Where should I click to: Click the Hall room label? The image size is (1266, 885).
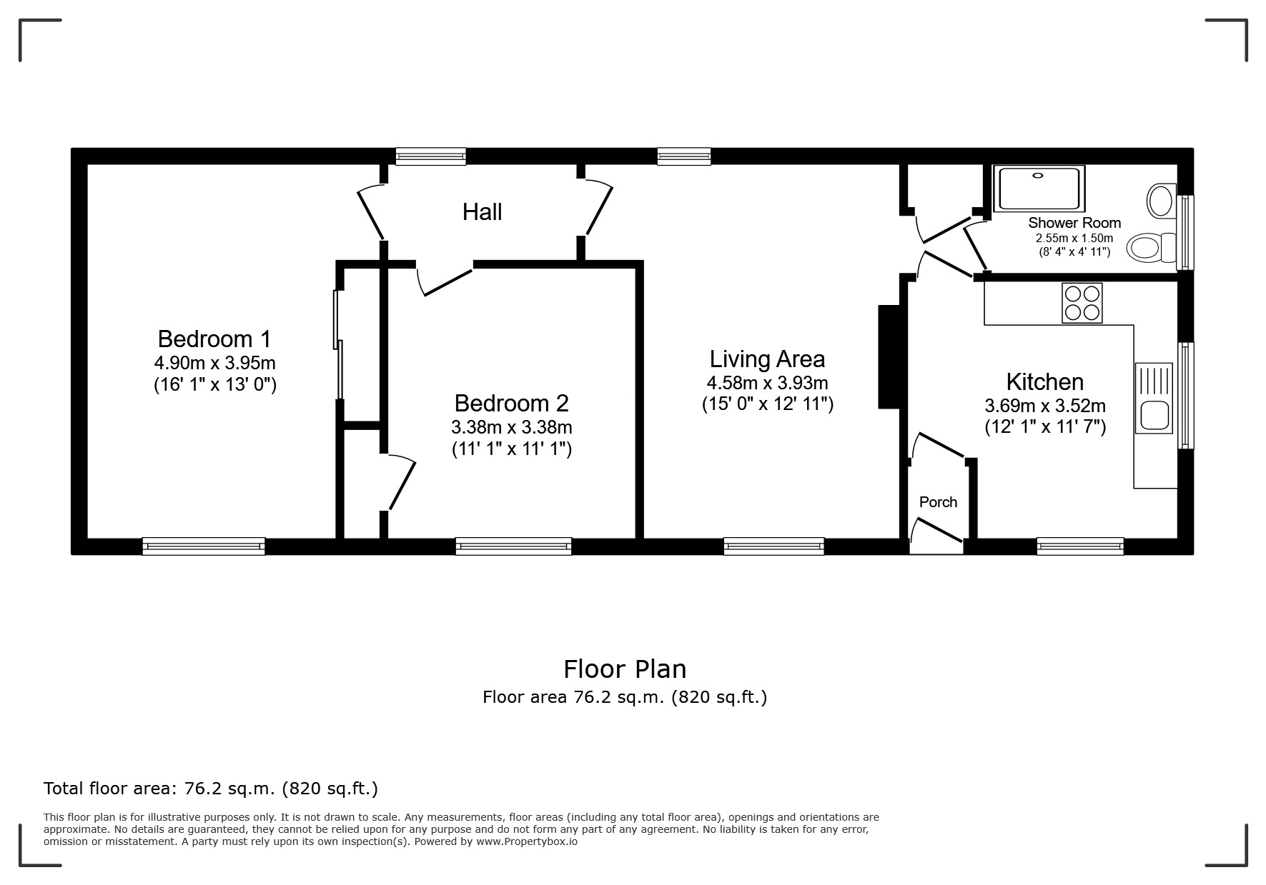click(482, 212)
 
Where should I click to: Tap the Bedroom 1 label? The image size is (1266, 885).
click(214, 339)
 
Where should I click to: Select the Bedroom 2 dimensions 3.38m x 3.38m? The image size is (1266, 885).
click(512, 428)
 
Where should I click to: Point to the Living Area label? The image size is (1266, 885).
click(767, 359)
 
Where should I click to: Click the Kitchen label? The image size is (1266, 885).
click(1044, 381)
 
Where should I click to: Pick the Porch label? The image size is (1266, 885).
click(938, 502)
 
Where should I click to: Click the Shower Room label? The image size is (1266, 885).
click(1074, 223)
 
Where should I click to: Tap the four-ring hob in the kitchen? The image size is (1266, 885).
click(1082, 303)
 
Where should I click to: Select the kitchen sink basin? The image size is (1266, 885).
click(1154, 416)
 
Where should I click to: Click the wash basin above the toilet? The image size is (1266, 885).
click(1161, 200)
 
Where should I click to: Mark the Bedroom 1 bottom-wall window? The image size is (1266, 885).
click(204, 546)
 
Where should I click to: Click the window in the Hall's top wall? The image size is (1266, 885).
click(431, 156)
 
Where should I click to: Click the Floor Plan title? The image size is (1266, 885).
click(625, 669)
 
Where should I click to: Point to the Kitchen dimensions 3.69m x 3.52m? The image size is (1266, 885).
click(1045, 406)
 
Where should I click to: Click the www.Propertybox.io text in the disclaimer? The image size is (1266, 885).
click(527, 841)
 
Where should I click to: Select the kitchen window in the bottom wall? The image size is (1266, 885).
click(1080, 546)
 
